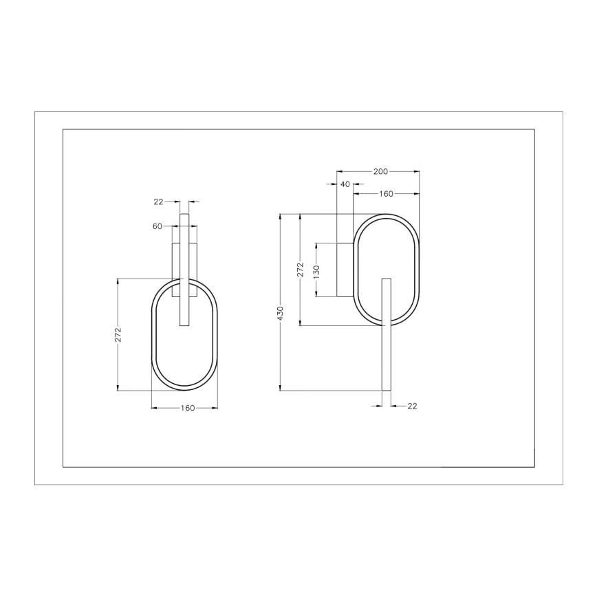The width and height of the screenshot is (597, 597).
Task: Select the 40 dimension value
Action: [345, 184]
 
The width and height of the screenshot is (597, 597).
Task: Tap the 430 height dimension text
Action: [281, 313]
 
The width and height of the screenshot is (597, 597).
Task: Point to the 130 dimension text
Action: [316, 270]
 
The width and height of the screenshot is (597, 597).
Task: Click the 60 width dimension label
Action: [158, 226]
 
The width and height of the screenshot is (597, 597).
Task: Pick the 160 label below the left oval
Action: [187, 408]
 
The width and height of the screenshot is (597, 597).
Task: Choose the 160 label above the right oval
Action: [386, 194]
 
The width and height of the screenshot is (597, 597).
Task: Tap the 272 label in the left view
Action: [119, 334]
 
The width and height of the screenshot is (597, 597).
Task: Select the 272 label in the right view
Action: [301, 269]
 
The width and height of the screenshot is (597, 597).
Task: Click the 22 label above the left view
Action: [158, 202]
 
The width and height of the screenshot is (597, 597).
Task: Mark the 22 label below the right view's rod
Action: [412, 406]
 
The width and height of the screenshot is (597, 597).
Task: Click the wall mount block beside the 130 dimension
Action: [345, 270]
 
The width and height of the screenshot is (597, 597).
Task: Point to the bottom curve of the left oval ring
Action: [184, 389]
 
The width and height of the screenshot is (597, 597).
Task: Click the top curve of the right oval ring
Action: [386, 215]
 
